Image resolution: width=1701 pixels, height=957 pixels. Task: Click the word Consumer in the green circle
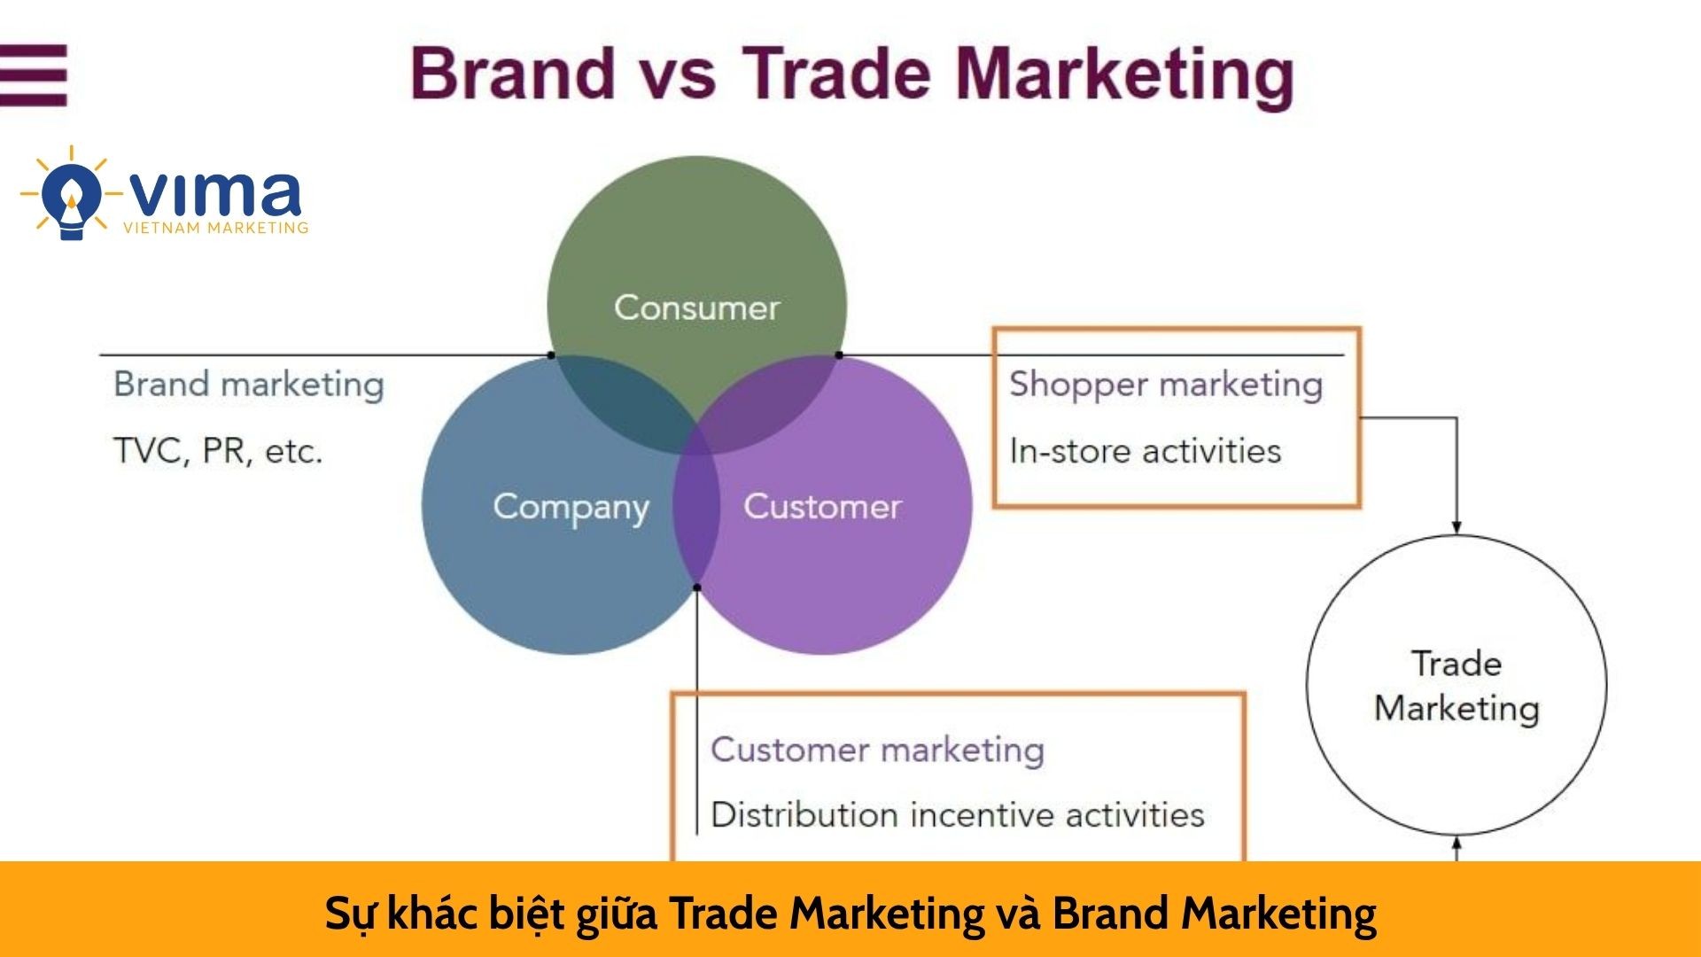point(697,307)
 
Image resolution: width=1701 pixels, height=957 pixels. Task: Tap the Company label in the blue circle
point(571,508)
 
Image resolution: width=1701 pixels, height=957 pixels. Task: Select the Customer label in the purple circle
point(822,506)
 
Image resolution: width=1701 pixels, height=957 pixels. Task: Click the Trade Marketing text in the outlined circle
point(1456,686)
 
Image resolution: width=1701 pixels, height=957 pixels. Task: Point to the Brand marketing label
point(249,385)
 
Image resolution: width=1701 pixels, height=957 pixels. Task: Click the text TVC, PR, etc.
point(218,451)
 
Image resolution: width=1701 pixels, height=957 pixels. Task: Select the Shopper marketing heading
point(1166,385)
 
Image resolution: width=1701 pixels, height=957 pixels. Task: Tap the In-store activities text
point(1146,450)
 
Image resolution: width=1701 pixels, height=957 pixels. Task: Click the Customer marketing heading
point(878,750)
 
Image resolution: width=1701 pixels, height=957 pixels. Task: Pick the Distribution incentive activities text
point(958,814)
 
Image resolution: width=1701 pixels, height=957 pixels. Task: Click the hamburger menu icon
point(34,75)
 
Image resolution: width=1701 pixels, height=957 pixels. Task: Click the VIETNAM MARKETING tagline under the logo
point(216,228)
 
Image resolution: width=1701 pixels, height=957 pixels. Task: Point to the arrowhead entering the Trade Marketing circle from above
point(1456,527)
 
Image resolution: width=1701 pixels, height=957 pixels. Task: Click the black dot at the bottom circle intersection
point(697,587)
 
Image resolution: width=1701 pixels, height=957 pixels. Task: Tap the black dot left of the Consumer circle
point(551,355)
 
